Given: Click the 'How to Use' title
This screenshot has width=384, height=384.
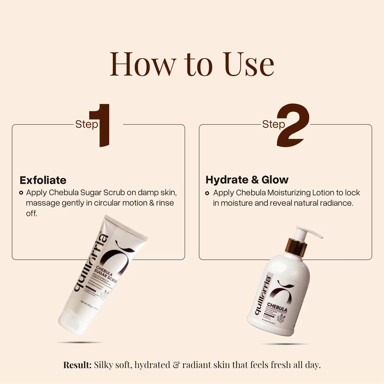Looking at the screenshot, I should [x=192, y=64].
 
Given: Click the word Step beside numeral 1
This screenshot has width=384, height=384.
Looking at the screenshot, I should [x=86, y=124].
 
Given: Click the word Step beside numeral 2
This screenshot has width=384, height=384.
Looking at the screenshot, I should [x=273, y=124].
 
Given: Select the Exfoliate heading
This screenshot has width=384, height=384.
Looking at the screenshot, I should [x=43, y=180].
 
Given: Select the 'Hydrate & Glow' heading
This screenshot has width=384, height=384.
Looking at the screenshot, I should [x=247, y=180].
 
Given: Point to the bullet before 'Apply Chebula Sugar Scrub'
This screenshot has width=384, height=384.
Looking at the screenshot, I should [x=21, y=193].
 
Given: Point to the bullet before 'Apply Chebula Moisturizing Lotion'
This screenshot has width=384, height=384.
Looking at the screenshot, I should [x=207, y=193].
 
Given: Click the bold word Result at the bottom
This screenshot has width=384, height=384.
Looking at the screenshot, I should [x=77, y=365].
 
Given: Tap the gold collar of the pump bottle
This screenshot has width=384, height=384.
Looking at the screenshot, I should [x=296, y=247].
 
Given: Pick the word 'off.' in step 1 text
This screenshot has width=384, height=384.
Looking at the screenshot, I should [x=31, y=214].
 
